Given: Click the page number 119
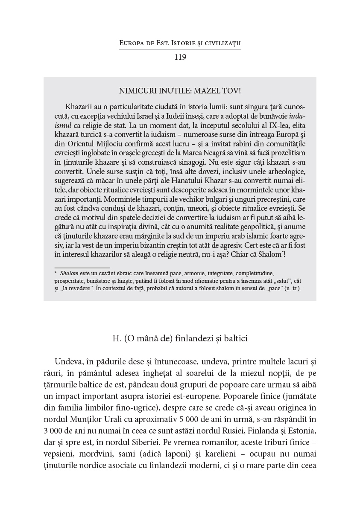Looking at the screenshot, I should [x=180, y=57].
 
